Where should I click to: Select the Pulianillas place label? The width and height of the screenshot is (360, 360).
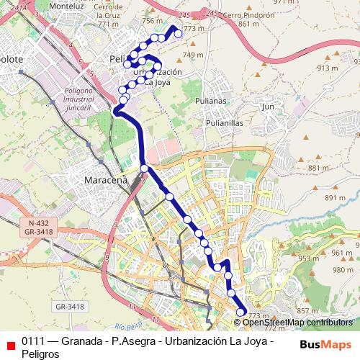click(x=224, y=123)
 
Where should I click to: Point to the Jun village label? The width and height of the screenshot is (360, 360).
click(x=269, y=107)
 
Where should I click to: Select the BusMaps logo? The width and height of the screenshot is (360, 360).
click(x=325, y=344)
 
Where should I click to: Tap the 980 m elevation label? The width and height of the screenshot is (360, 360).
click(x=338, y=270)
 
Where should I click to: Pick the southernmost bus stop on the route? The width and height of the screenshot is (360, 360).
click(x=240, y=312)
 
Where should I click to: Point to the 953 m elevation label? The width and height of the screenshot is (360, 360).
click(x=308, y=258)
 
